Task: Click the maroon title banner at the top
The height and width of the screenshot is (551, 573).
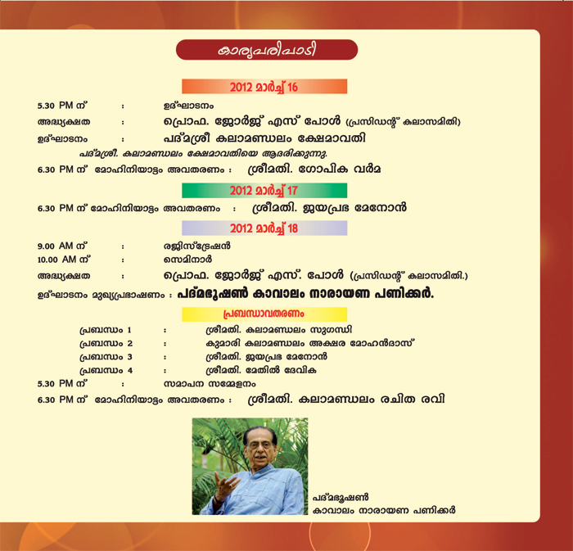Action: pos(267,50)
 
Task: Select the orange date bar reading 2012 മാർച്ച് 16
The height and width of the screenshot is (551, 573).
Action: pos(264,87)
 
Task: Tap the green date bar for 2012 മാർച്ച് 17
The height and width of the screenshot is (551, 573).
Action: pos(264,191)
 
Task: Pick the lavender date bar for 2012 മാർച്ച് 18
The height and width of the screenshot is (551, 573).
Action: pos(264,228)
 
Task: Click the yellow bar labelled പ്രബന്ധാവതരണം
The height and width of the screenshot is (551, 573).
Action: pos(264,314)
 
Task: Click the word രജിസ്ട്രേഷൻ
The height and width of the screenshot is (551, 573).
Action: pos(197,246)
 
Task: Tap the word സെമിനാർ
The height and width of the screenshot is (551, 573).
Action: pos(187,260)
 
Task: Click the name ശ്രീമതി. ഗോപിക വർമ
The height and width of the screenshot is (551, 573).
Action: pos(314,169)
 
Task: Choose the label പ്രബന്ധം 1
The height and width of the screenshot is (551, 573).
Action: pos(106,330)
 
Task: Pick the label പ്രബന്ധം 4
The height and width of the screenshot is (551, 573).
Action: pos(106,371)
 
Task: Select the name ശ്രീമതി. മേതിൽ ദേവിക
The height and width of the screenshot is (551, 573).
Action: pos(261,371)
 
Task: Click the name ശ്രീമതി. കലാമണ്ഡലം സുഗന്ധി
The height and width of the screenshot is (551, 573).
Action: pos(279,330)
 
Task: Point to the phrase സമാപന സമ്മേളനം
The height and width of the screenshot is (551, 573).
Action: pos(210,384)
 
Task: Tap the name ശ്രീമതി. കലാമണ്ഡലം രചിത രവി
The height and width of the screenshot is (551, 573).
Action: pos(346,399)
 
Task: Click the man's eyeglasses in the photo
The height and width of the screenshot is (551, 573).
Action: pos(261,445)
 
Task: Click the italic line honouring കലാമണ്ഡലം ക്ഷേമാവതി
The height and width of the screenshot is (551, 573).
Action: pos(203,153)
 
